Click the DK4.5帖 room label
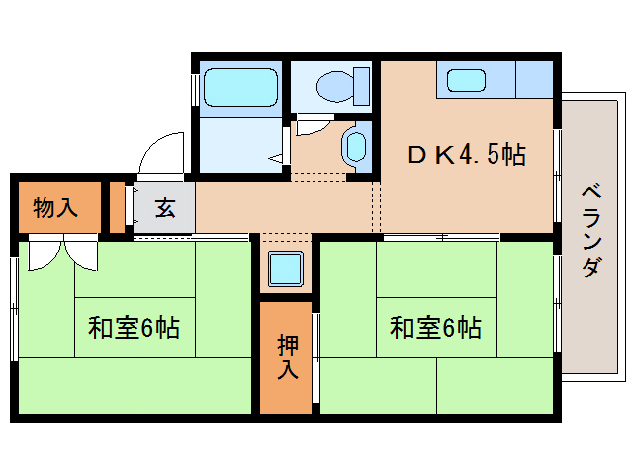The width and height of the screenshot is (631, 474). click(468, 154)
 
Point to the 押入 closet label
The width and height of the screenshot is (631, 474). click(287, 357)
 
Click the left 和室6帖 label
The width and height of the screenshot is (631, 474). click(134, 328)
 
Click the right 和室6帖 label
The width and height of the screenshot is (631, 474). click(435, 328)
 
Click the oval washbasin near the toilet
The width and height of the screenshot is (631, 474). click(354, 148)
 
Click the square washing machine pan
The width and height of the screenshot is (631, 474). click(286, 269)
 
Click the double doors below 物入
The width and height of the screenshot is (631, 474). click(61, 252)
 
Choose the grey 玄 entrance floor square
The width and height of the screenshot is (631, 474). click(163, 208)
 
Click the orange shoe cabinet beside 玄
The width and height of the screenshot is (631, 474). click(118, 207)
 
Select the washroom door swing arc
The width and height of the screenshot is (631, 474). click(313, 126)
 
